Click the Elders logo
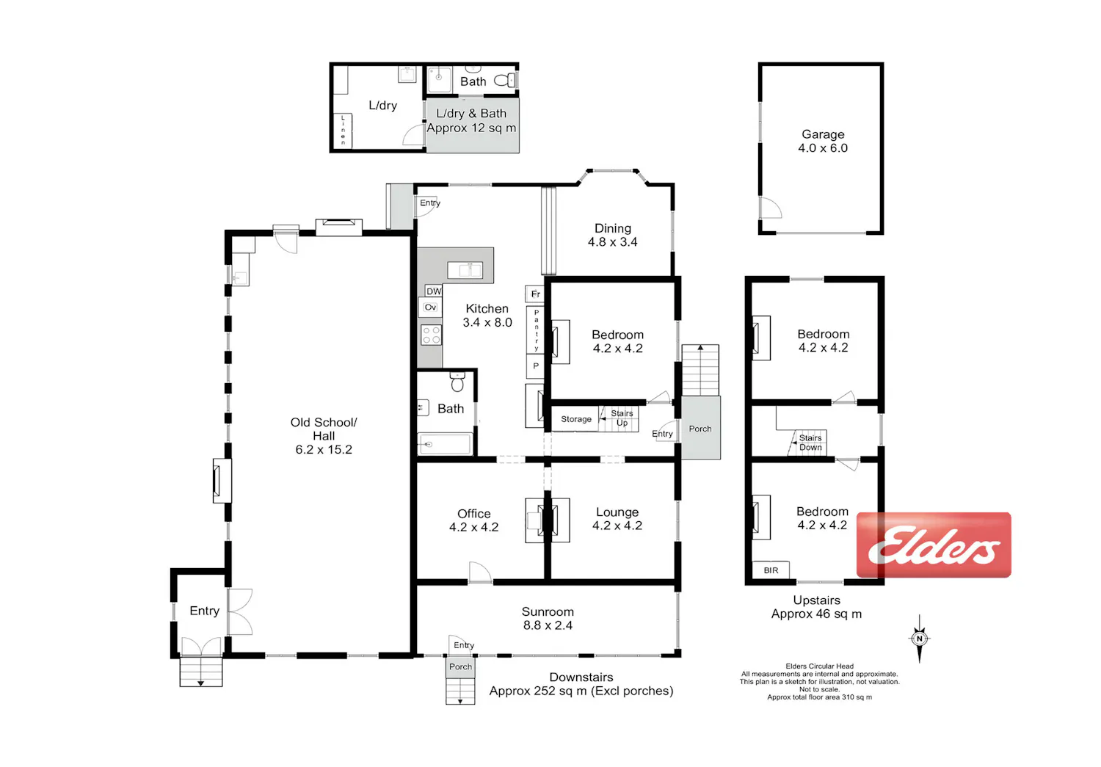click(x=934, y=545)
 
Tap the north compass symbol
click(x=920, y=639)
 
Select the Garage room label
click(x=823, y=134)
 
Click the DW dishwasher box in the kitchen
click(x=434, y=291)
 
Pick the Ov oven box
click(x=430, y=307)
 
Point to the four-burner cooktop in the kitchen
click(x=431, y=335)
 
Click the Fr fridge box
click(x=535, y=294)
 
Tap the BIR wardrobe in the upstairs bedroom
click(x=771, y=570)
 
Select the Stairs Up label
click(x=622, y=418)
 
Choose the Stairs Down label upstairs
click(x=810, y=442)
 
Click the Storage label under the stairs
click(x=576, y=419)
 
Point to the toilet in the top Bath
click(x=504, y=80)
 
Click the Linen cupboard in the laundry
click(x=343, y=130)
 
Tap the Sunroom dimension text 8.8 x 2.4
click(x=548, y=625)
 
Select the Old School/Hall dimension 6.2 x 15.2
click(x=324, y=450)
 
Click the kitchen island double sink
click(x=465, y=270)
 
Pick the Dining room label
click(x=612, y=228)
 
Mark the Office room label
click(x=474, y=514)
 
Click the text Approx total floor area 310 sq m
click(x=819, y=697)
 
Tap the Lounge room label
click(x=617, y=512)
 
